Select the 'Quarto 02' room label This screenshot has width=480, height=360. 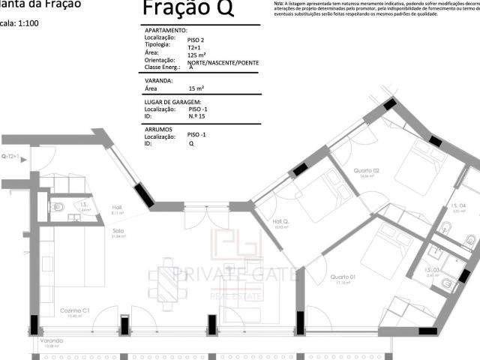pos(370,170)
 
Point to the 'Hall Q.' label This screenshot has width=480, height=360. pos(280,221)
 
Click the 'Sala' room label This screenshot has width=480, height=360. pos(118,232)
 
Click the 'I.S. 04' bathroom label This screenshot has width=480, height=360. pos(457,206)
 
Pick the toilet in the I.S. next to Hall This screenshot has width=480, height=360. pos(58,208)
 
